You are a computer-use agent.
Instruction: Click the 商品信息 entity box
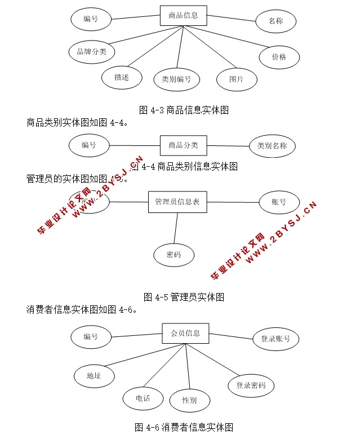pos(183,16)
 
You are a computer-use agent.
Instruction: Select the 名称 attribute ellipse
pos(275,21)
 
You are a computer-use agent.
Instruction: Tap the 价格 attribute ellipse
pos(279,57)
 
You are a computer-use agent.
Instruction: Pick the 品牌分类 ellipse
pos(92,52)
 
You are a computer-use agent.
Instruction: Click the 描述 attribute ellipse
pos(121,77)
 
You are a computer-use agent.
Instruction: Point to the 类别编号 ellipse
pos(176,79)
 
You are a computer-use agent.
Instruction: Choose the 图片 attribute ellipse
pos(236,79)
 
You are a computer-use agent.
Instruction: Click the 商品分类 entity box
pos(183,145)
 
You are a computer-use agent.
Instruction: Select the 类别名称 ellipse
pos(272,146)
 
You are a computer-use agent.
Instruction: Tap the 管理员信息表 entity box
pos(177,202)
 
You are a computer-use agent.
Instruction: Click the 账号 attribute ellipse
pos(279,202)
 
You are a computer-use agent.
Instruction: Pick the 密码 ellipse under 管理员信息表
pos(174,255)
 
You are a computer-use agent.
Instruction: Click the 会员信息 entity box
pos(185,333)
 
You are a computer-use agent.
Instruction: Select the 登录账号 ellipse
pos(275,339)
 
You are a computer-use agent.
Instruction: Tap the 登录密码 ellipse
pos(251,386)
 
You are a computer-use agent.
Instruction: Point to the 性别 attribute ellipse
pos(189,401)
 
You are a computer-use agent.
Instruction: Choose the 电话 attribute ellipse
pos(143,398)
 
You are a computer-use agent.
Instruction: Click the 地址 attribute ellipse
pos(94,375)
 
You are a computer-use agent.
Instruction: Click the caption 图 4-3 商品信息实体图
pos(184,110)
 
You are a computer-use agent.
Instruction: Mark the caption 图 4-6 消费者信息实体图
pos(184,427)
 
